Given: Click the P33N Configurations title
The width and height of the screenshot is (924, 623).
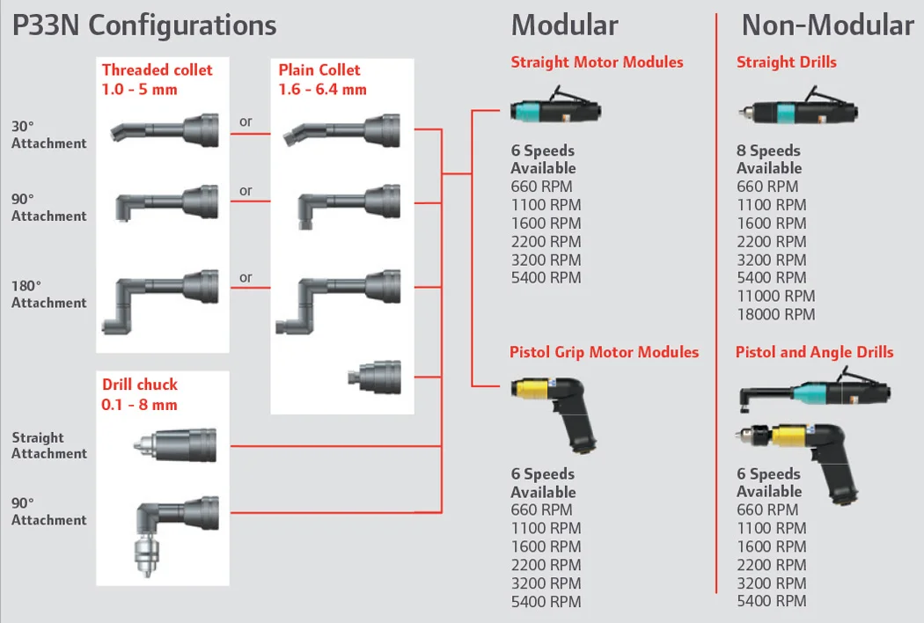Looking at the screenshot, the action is pos(144,26).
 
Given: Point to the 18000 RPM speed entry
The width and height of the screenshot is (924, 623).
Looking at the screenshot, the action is pos(775,315).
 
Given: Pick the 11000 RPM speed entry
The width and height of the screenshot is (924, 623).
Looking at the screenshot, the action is pos(775,296).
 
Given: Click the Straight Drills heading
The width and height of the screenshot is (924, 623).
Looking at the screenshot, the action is pos(786,62).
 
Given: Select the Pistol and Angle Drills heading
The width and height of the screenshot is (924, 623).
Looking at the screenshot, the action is pos(814,353).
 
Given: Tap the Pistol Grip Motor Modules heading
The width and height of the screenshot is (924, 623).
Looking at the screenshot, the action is pos(604,353).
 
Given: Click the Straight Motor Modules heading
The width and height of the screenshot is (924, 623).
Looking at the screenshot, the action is pos(597,62).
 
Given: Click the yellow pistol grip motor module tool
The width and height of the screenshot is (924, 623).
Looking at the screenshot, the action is pos(554,413).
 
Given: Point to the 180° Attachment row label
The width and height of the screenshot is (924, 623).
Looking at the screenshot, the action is pos(49,294).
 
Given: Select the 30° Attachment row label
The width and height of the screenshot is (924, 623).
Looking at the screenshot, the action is pos(49,135).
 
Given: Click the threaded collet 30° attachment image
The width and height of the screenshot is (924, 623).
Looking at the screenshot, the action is pos(165,130).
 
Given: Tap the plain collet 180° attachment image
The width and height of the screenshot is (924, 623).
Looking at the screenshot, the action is pos(338,302).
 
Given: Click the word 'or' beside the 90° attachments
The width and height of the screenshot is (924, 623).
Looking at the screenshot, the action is pos(246,191).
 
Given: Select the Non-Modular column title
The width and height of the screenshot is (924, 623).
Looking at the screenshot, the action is pos(827,26).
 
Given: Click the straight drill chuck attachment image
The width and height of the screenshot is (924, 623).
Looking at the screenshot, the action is pos(175,445).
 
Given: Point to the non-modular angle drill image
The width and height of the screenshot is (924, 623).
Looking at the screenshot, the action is pos(814,391).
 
